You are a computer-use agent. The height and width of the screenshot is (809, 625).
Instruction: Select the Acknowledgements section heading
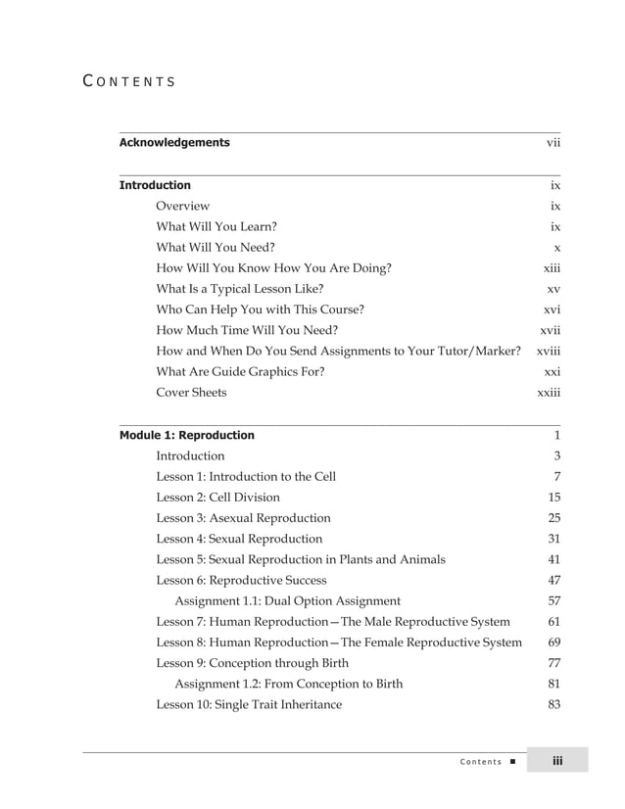click(x=174, y=143)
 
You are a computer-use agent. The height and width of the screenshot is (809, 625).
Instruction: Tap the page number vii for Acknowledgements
click(x=553, y=143)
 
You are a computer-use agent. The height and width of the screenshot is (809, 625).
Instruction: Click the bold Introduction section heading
click(x=155, y=185)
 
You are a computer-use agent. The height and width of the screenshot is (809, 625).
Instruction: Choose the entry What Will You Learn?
click(x=216, y=226)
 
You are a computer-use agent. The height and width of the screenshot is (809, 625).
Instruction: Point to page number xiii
click(x=552, y=268)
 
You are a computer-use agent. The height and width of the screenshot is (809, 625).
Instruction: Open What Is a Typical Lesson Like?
click(x=240, y=289)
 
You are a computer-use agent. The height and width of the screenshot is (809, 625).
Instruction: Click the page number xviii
click(x=549, y=351)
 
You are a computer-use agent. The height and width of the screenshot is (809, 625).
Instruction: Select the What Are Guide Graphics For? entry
click(x=240, y=372)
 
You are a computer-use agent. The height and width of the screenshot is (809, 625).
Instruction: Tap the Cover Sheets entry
click(x=191, y=393)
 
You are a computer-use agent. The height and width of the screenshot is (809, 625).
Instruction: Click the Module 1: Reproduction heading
click(x=186, y=435)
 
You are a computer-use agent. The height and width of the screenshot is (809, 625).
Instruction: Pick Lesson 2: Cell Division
click(x=217, y=497)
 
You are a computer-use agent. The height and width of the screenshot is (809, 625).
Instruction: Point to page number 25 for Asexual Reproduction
click(x=554, y=518)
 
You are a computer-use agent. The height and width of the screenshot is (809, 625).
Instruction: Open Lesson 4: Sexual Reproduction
click(x=239, y=539)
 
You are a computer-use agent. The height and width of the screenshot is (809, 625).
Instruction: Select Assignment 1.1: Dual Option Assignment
click(x=287, y=600)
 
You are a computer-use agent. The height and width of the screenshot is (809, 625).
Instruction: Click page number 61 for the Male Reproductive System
click(x=554, y=622)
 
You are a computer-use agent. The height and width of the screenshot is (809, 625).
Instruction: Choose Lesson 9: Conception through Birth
click(x=252, y=663)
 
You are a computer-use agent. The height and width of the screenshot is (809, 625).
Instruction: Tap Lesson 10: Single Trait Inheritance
click(x=249, y=704)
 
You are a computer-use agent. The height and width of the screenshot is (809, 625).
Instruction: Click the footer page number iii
click(x=556, y=761)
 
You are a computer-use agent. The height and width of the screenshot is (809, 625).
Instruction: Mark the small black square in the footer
click(x=513, y=762)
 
